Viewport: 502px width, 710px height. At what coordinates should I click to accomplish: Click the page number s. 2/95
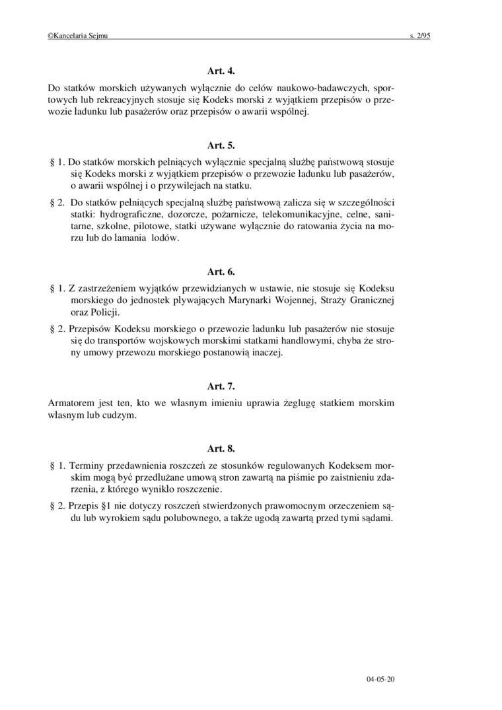419,38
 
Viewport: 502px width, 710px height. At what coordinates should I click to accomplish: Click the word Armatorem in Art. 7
72,402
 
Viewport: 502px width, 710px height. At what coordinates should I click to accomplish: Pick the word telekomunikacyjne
301,215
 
